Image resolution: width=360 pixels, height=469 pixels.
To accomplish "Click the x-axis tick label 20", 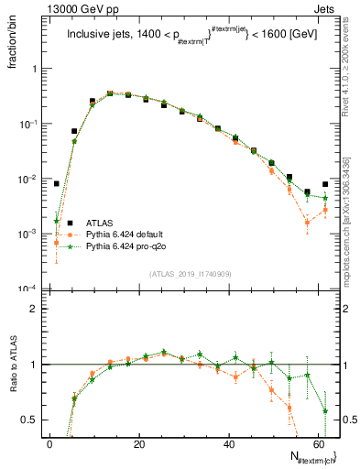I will click(x=138, y=444).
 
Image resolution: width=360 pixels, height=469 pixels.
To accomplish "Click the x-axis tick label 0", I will click(x=50, y=444).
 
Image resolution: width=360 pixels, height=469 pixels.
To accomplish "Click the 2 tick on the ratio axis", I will click(x=35, y=309).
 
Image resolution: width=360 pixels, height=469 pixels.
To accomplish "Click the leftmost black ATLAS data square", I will click(x=56, y=183).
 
